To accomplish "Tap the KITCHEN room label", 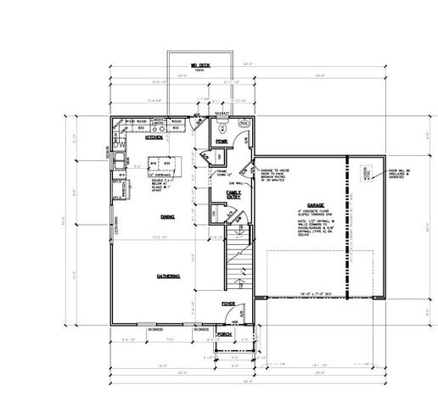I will point(154,137).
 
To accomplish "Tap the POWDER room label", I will point(222,142).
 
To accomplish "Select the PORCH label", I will point(225,335).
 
